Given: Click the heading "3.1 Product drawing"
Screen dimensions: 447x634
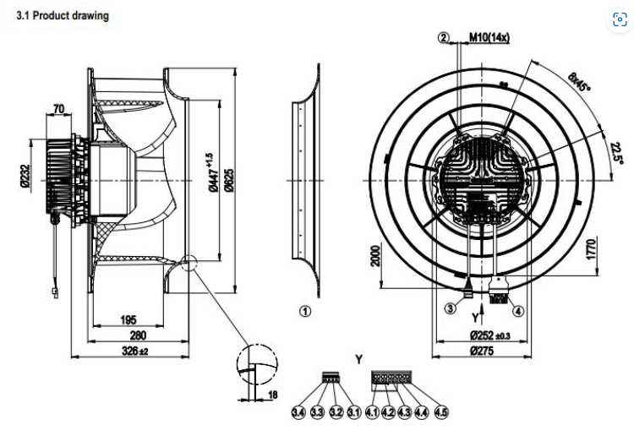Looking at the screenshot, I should [x=63, y=15].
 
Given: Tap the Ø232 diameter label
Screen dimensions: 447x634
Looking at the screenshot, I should [x=26, y=181].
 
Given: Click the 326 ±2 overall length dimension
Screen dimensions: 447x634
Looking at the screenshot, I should [x=130, y=351].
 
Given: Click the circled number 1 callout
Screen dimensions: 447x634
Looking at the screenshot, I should [x=306, y=311].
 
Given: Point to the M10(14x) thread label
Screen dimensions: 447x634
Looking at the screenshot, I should [x=489, y=37].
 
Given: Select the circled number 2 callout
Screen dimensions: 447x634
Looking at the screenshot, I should [x=444, y=37].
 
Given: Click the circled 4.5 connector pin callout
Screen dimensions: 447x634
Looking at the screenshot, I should [x=440, y=412].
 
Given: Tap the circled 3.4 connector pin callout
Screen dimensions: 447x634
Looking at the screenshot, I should [x=298, y=412].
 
